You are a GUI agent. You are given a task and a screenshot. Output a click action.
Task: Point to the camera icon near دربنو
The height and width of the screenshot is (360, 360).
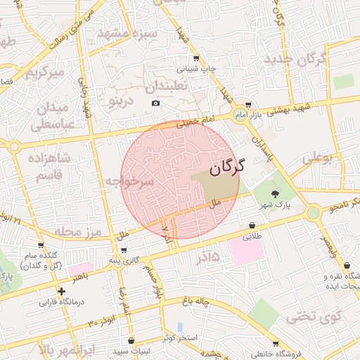click(x=155, y=103)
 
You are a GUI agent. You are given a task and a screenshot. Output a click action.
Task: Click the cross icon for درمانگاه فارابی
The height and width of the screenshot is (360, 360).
click(x=62, y=291)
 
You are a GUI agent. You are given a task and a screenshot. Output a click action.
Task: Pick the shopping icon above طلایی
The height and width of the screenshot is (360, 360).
click(x=251, y=225)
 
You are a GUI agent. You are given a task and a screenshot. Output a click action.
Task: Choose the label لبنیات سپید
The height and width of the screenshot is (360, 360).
click(x=128, y=349)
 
